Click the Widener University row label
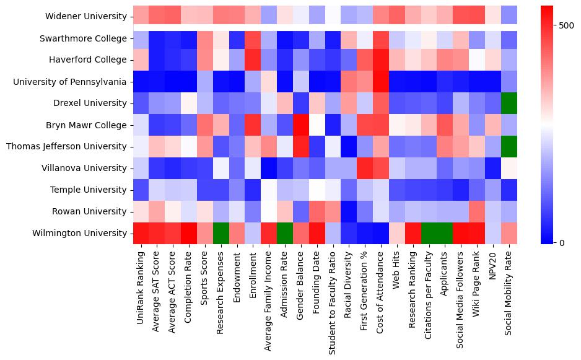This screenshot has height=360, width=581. coord(86,16)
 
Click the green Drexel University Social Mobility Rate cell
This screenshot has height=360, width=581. coord(509,103)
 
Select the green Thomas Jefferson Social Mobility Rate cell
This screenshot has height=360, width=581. coord(509,146)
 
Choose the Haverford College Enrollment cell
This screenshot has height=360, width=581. coord(253,59)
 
